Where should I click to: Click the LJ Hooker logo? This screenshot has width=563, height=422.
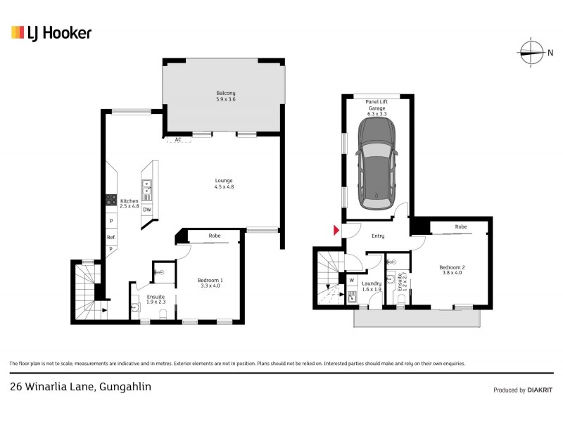point(51,32)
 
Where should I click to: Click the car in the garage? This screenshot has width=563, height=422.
point(376,162)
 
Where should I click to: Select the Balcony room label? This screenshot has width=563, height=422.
point(225,97)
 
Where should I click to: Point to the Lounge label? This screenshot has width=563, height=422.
point(224,184)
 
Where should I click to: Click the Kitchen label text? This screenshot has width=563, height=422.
point(129,204)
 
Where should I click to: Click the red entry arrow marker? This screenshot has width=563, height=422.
point(336,231)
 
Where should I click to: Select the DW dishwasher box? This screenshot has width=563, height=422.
point(147,210)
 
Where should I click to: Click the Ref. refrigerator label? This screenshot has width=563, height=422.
point(111,238)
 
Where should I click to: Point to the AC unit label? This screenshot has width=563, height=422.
point(178,140)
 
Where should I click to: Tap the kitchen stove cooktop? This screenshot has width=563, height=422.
point(110,200)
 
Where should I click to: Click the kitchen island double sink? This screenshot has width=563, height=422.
point(147,188)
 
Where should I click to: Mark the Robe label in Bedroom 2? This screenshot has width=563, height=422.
point(460,227)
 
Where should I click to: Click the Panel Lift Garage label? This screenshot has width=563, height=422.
point(377,105)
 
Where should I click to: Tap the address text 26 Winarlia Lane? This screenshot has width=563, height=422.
point(80,386)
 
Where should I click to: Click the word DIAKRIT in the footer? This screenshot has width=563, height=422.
point(540,390)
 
